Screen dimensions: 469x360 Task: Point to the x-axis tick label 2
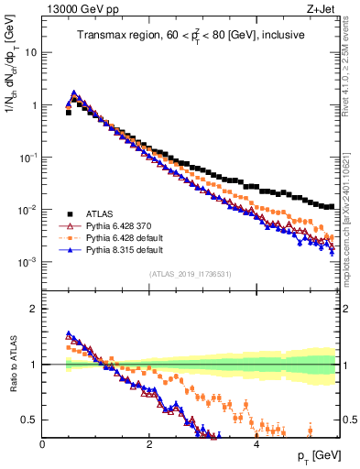pyautogui.click(x=149, y=444)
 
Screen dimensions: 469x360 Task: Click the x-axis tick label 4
pyautogui.click(x=256, y=444)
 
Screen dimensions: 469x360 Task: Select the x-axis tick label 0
pyautogui.click(x=43, y=444)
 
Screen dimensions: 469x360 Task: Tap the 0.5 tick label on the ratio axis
pyautogui.click(x=30, y=420)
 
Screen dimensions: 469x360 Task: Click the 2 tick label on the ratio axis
pyautogui.click(x=35, y=309)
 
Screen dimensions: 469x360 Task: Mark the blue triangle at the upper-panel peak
pyautogui.click(x=74, y=93)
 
